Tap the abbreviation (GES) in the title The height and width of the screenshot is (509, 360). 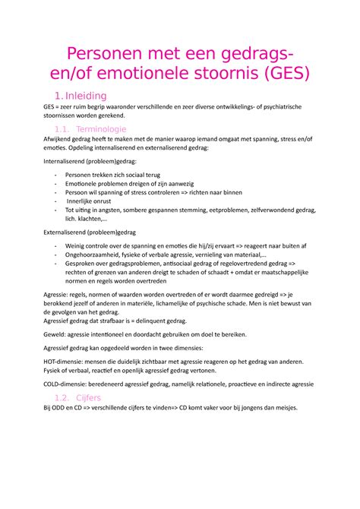280,74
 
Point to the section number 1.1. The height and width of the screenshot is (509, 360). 65,131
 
